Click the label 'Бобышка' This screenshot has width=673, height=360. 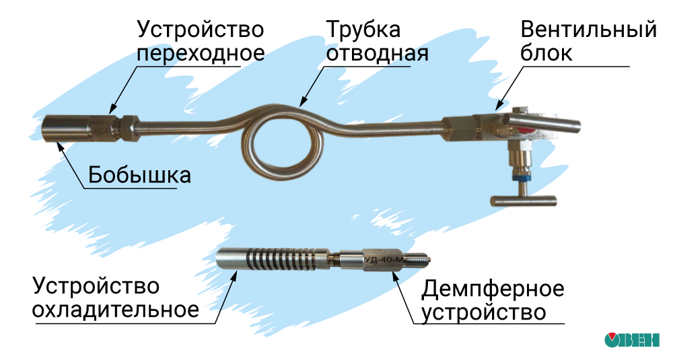139,176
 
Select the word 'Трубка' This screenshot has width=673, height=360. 363,30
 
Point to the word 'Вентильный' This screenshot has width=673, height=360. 588,30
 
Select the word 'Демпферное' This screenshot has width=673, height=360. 493,289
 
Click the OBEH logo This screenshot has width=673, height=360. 631,340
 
